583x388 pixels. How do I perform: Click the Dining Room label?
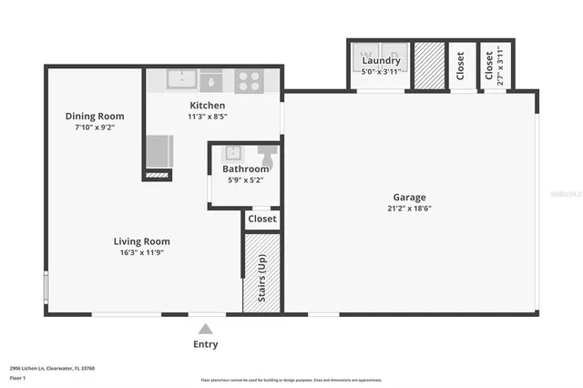(94, 116)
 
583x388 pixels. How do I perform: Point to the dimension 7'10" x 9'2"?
(94, 128)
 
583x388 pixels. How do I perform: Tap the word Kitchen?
(207, 106)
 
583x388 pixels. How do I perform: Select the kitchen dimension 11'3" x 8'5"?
(207, 117)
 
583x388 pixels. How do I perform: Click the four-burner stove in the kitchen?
(249, 80)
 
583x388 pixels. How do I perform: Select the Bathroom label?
(246, 168)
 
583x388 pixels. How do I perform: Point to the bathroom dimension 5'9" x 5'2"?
(246, 180)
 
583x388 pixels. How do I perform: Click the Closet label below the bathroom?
(262, 219)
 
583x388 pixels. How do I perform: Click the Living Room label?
(141, 241)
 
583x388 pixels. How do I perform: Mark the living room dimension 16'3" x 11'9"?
(141, 254)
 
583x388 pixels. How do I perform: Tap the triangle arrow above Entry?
(206, 329)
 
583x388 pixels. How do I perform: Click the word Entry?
(206, 344)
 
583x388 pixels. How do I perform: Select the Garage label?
(409, 197)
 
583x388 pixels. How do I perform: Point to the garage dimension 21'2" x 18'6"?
(409, 209)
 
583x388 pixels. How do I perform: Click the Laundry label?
(381, 60)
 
